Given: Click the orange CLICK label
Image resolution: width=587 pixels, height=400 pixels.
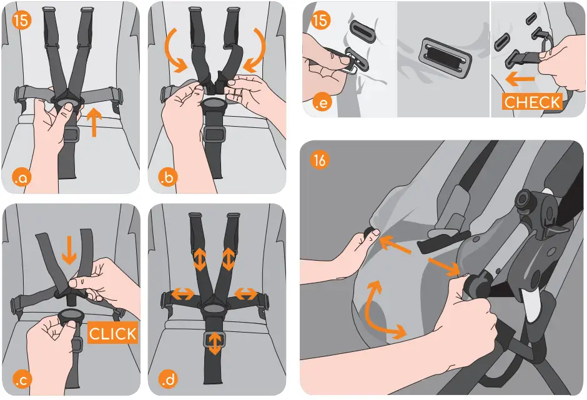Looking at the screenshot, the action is (112, 333).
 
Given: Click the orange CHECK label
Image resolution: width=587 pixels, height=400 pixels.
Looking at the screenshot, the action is (532, 102).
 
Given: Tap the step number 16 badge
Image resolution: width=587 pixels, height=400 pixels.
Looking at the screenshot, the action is (319, 160).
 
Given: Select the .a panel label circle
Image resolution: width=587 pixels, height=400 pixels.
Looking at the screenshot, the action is (21, 178).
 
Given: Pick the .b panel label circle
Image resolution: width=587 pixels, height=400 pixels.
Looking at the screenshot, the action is (168, 177).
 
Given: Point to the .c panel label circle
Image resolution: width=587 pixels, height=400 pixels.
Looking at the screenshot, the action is (21, 379).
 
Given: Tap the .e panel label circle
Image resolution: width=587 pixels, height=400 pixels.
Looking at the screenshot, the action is (322, 102).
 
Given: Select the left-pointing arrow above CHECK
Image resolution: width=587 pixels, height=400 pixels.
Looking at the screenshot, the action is (520, 79).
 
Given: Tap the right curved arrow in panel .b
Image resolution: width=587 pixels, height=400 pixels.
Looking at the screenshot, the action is (255, 50).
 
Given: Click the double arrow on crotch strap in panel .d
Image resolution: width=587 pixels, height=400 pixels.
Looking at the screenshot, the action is (215, 343).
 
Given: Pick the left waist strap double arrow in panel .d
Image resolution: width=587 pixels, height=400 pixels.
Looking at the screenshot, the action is (183, 295).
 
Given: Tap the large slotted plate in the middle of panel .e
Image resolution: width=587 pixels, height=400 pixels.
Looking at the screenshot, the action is (445, 57).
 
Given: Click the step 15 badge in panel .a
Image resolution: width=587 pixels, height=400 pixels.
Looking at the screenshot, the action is (21, 20).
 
